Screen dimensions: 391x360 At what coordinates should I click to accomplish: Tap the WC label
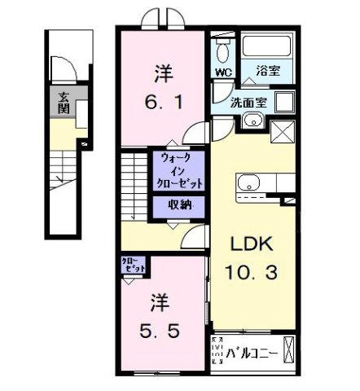click(x=222, y=72)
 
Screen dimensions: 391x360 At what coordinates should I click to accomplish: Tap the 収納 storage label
click(x=180, y=205)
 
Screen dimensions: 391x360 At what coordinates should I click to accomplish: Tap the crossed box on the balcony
click(x=291, y=353)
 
